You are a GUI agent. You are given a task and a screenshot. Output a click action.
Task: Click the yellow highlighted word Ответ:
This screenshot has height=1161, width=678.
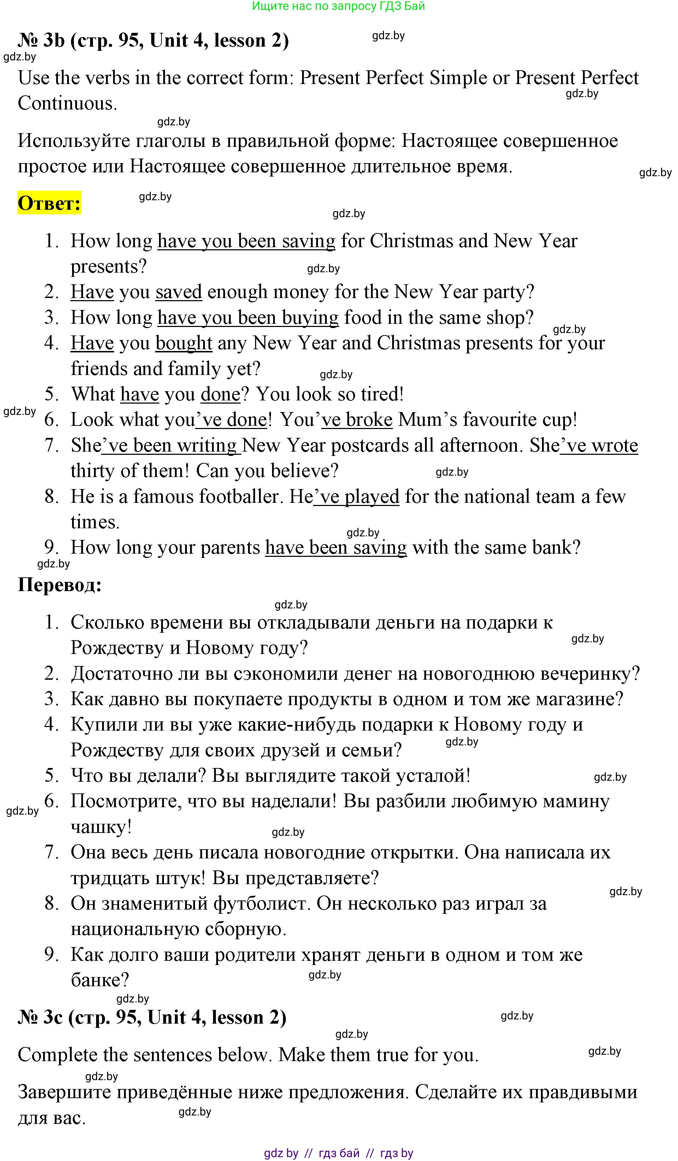coord(49,203)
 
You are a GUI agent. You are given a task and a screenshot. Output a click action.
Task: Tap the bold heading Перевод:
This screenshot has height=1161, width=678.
coord(59,585)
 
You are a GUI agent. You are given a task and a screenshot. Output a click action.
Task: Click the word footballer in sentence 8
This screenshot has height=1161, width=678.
coord(240,497)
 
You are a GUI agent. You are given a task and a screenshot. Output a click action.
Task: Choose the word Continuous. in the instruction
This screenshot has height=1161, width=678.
coord(67,103)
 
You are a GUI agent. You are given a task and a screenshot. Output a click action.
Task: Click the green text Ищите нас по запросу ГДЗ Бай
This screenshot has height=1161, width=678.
coord(339,6)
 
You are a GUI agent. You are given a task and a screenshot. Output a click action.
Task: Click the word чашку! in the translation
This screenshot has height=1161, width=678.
coord(101,827)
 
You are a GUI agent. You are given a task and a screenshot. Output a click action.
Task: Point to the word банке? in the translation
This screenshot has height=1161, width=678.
coord(100,980)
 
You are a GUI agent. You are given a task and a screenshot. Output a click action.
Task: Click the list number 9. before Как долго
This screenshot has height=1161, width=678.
coord(51,954)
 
